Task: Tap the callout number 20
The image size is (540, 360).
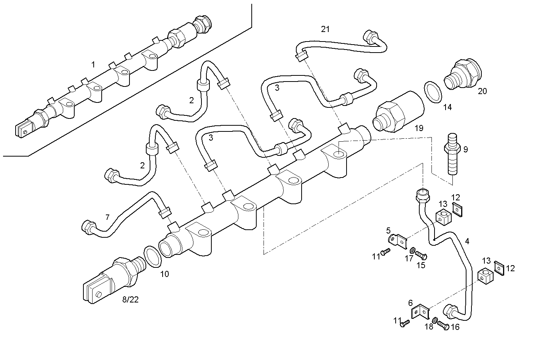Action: (x=482, y=91)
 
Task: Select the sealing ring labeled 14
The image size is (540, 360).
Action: (x=433, y=92)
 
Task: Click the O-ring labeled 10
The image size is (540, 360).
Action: (x=152, y=256)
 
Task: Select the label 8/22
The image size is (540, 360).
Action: (x=130, y=299)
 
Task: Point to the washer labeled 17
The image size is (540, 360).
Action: (x=412, y=251)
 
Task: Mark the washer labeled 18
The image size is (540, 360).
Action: (x=435, y=321)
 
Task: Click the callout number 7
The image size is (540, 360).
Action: (x=107, y=217)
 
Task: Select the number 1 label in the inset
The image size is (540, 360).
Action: (x=93, y=64)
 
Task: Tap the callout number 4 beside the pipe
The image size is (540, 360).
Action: (x=467, y=241)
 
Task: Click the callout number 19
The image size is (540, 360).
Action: (x=419, y=128)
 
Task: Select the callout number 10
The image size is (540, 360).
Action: (x=164, y=274)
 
